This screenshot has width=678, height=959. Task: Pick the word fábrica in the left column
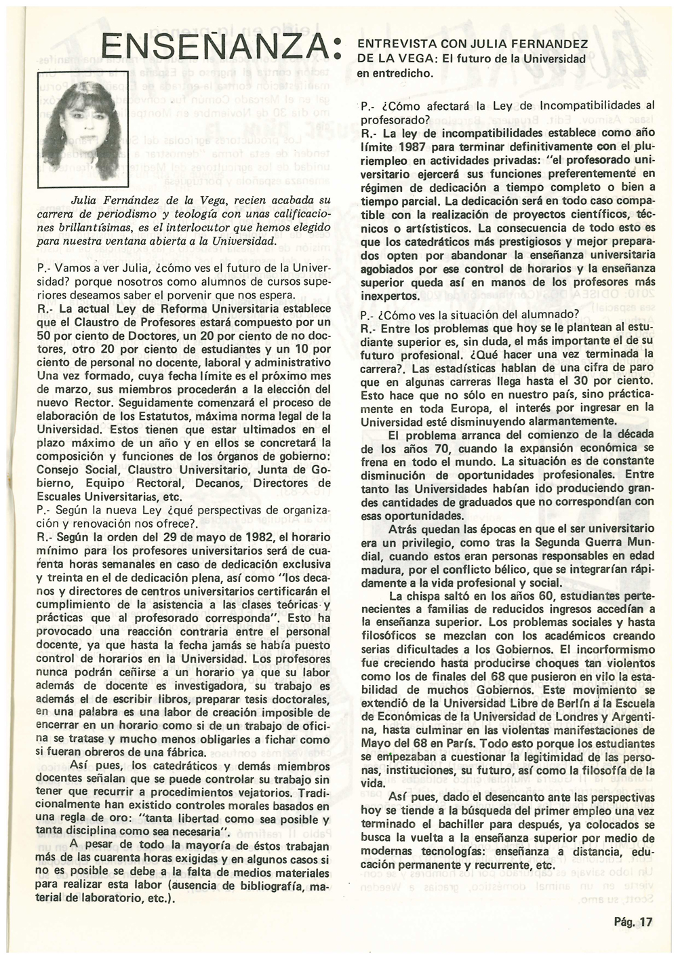tap(184, 753)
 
